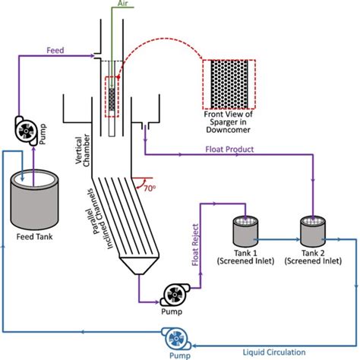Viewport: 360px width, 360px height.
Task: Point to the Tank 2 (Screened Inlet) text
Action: click(311, 257)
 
